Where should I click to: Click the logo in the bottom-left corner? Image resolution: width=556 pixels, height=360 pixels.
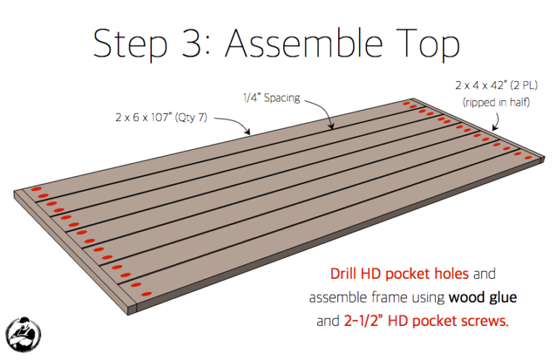coord(23,334)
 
